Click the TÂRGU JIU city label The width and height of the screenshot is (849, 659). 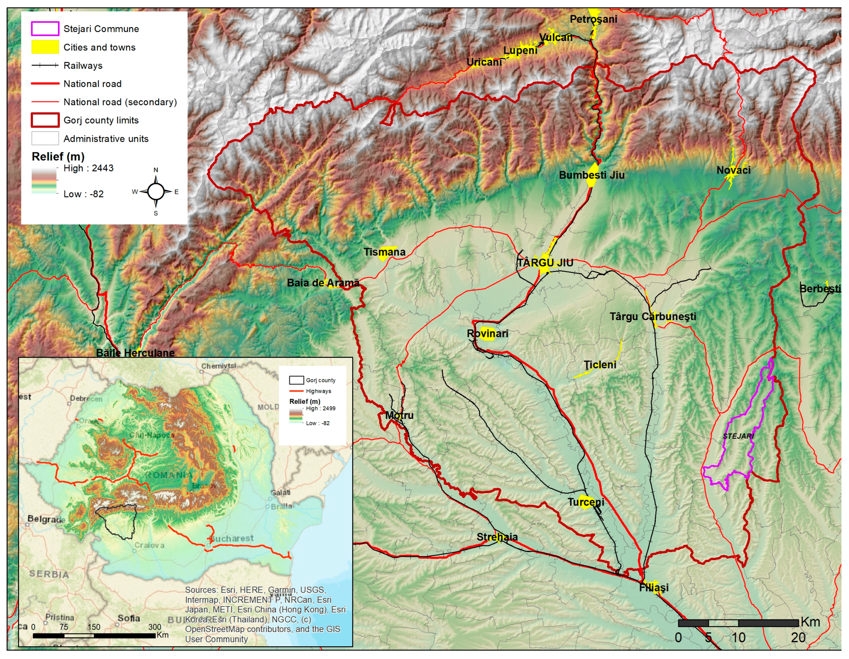[545, 263]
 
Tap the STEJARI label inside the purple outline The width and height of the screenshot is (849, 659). [738, 436]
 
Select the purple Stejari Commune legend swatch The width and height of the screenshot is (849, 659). [45, 29]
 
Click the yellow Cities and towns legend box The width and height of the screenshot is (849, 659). [45, 47]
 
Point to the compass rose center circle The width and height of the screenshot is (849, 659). [156, 192]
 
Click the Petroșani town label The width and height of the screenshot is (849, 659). [593, 19]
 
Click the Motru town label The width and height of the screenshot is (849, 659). [399, 415]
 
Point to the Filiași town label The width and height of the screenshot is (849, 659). [654, 588]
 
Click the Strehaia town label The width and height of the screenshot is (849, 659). [497, 537]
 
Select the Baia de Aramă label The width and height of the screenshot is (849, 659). [323, 283]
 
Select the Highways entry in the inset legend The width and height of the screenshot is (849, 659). [318, 391]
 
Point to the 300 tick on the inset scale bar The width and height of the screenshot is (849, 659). [155, 627]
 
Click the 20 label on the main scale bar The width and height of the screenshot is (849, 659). [798, 638]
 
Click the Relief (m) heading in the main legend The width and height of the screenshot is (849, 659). [58, 157]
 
